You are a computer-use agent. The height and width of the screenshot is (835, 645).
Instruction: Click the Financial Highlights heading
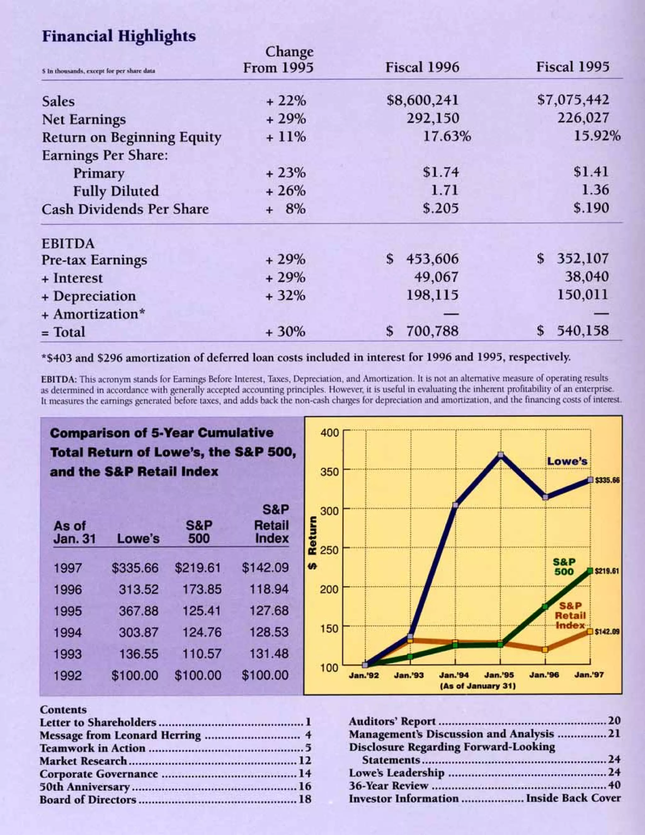click(x=119, y=36)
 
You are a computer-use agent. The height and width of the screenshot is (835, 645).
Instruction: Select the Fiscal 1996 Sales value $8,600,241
click(x=422, y=100)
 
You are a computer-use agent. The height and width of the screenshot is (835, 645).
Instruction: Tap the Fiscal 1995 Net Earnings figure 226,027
click(x=583, y=118)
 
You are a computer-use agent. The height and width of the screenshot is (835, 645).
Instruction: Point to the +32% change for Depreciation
click(x=286, y=296)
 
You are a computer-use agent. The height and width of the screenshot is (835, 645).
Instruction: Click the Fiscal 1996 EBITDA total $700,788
click(x=422, y=331)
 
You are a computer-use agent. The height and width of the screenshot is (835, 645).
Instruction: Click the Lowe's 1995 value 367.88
click(x=138, y=611)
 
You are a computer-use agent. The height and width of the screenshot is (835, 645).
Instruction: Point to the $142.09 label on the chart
click(x=607, y=631)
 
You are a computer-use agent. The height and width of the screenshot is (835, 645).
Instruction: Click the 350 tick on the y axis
click(x=329, y=472)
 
